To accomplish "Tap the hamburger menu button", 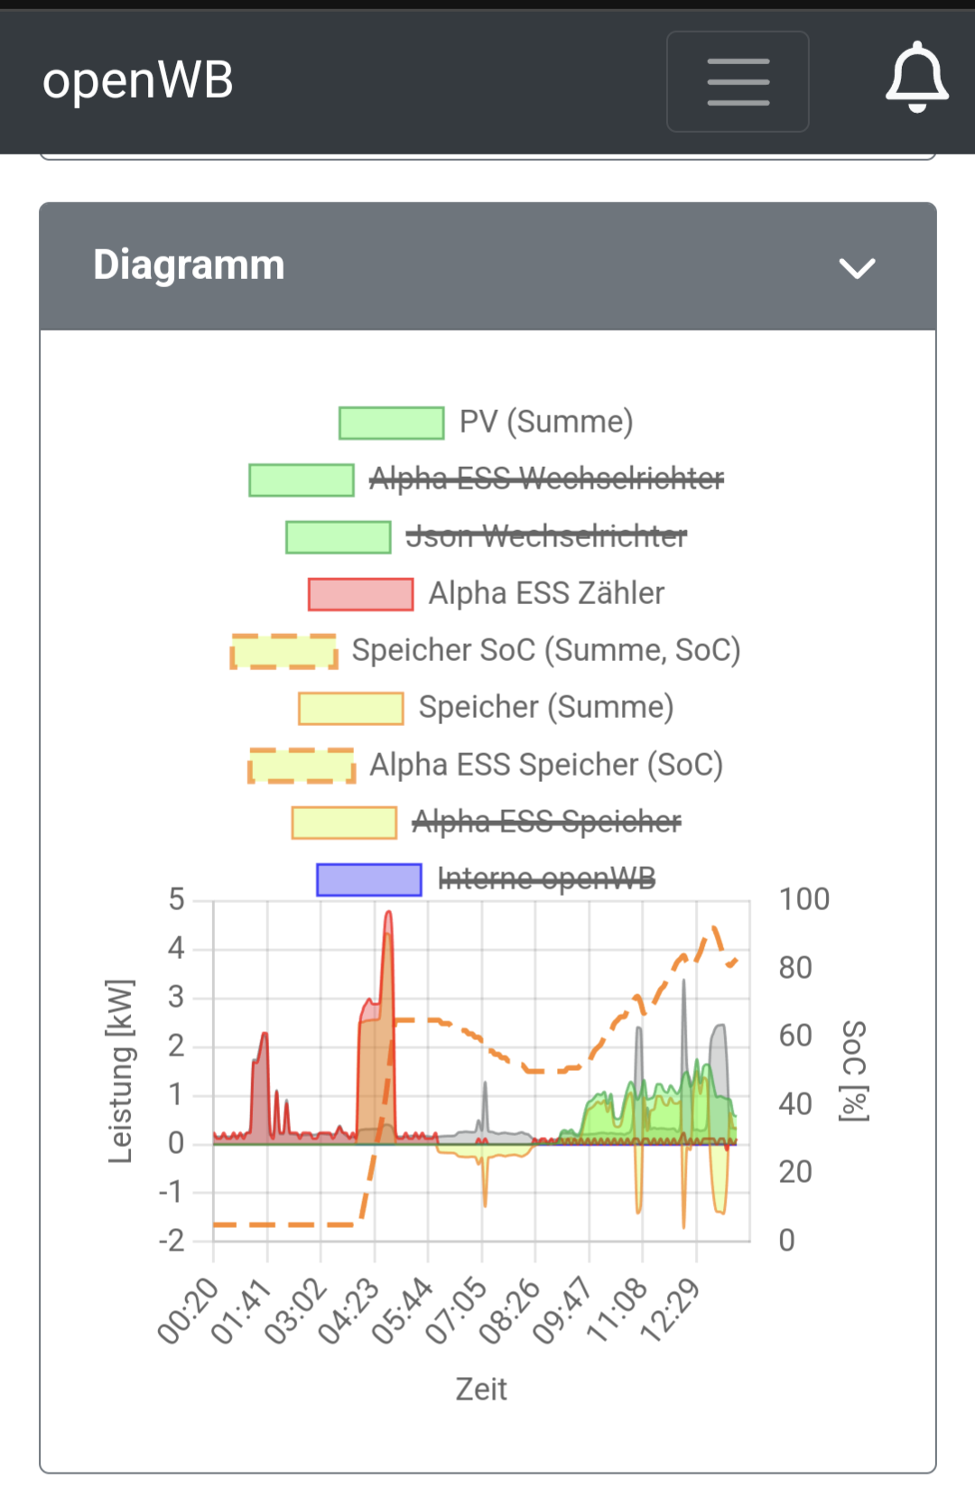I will click(738, 81).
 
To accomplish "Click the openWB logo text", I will click(138, 80).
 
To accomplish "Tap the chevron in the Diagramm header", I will click(857, 268).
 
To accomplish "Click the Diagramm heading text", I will click(189, 265).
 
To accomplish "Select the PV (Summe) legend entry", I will click(545, 422).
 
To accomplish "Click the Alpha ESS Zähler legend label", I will click(545, 593).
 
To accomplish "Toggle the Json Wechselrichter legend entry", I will click(545, 536).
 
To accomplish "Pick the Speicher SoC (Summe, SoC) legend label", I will click(545, 650).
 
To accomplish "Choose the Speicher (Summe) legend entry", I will click(545, 707).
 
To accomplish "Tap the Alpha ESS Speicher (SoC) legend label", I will click(545, 765).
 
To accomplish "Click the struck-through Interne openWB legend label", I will click(545, 878).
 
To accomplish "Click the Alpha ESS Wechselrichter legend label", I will click(545, 479).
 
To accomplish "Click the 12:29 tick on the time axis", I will click(671, 1310).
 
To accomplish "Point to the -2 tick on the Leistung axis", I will click(172, 1241).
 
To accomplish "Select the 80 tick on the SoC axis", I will click(795, 968).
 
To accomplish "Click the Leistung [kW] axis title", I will click(120, 1071).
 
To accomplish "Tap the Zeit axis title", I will click(481, 1389).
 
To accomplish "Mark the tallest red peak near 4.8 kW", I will click(388, 914).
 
